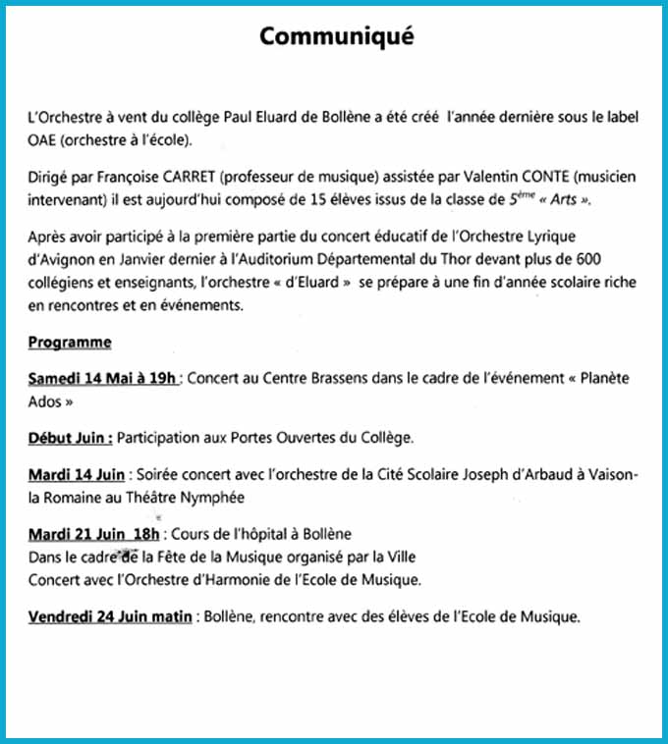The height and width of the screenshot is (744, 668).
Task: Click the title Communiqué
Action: pos(337,36)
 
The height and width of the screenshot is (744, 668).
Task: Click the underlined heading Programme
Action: pos(70,343)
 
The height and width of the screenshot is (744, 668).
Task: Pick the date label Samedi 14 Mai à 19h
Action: pos(103,379)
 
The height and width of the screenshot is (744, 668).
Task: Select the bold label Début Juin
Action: pos(70,438)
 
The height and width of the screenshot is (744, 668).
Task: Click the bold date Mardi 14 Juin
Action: pos(77,475)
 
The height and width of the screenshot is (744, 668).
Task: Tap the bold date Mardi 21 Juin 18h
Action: pos(94,534)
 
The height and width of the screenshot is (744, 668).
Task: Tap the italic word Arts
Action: pos(563,200)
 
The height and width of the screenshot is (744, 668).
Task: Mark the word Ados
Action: pos(46,401)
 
